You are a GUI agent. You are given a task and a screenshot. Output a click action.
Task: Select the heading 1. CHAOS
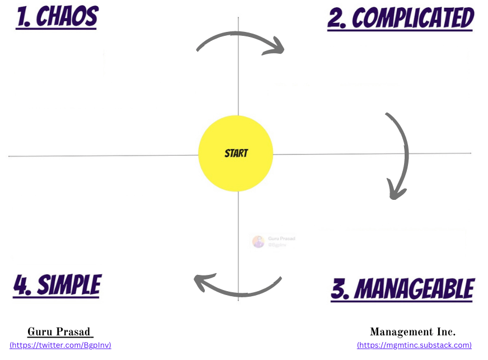(57, 18)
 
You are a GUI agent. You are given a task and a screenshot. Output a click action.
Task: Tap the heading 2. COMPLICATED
(400, 18)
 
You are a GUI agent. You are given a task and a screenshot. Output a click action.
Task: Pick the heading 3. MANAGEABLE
(402, 289)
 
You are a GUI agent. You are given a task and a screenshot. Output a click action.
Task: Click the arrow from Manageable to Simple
(238, 290)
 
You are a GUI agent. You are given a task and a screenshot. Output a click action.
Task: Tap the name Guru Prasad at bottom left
(60, 332)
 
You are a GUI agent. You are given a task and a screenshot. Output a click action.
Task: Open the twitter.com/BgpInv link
(60, 345)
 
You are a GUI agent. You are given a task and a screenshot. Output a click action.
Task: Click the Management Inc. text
(412, 332)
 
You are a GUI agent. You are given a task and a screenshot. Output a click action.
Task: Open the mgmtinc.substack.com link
(414, 345)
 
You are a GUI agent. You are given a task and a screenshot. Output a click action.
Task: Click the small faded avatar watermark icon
(258, 241)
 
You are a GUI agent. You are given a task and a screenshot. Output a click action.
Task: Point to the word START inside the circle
(236, 153)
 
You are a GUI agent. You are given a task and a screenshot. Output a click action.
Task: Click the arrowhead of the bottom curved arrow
(202, 282)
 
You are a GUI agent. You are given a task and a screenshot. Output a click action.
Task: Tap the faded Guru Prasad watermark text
(281, 239)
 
